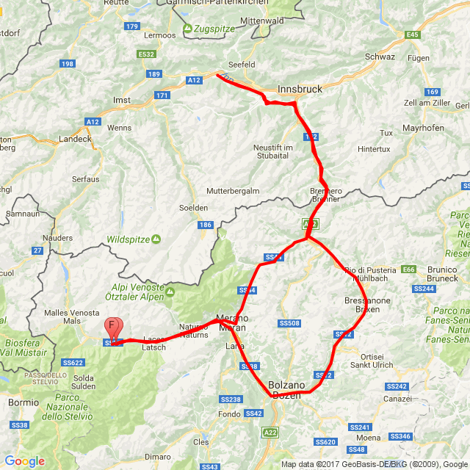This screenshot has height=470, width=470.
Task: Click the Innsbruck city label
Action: tap(300, 89)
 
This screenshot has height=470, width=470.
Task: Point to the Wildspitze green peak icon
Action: tap(156, 239)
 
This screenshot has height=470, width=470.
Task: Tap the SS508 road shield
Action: tap(289, 323)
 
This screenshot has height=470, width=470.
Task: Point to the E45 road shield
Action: tap(413, 35)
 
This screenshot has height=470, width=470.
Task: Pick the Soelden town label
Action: tap(194, 208)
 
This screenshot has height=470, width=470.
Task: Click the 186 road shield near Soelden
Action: tap(205, 225)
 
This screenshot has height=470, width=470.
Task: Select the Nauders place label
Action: tap(58, 238)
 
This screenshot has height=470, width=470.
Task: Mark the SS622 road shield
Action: tap(73, 362)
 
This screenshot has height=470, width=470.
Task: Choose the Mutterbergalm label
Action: tap(233, 190)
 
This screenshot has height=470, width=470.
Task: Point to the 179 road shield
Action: tap(132, 26)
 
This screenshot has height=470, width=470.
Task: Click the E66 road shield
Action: tap(409, 270)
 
